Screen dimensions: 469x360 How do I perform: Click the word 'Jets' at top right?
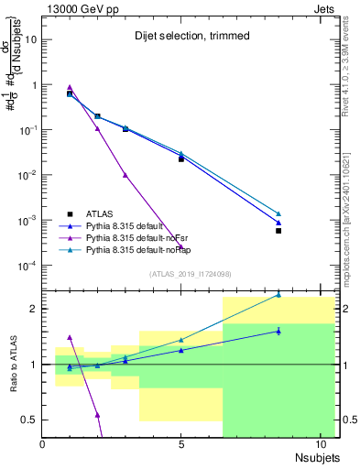point(325,7)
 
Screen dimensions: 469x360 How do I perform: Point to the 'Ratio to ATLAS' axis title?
point(12,365)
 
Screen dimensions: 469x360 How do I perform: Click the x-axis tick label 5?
point(181,444)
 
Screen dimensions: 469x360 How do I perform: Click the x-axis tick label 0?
point(43,444)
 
